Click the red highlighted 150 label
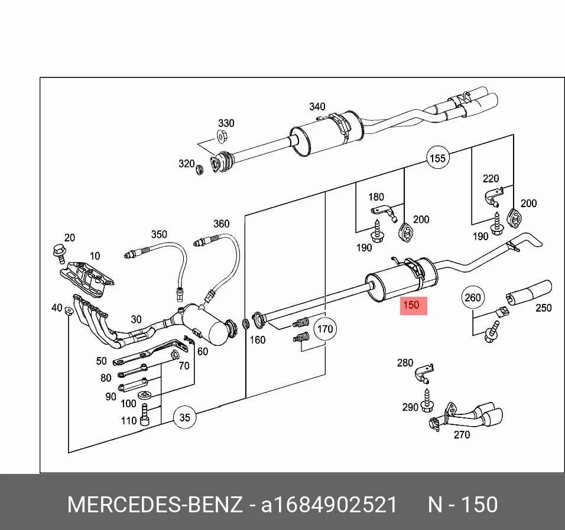[x=413, y=306]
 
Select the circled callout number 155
[x=438, y=158]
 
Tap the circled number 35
[x=184, y=417]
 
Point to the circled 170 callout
[x=326, y=329]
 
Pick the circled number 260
[x=473, y=297]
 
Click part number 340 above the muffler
[x=317, y=106]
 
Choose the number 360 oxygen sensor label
[x=221, y=224]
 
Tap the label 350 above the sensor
[x=159, y=234]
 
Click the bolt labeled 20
[x=59, y=252]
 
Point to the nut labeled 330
[x=221, y=137]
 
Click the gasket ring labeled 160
[x=246, y=323]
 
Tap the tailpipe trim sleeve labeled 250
[x=529, y=292]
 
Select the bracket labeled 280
[x=424, y=374]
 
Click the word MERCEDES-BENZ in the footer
[x=155, y=505]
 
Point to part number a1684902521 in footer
[x=329, y=505]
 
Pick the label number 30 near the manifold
[x=136, y=319]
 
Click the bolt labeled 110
[x=145, y=414]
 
